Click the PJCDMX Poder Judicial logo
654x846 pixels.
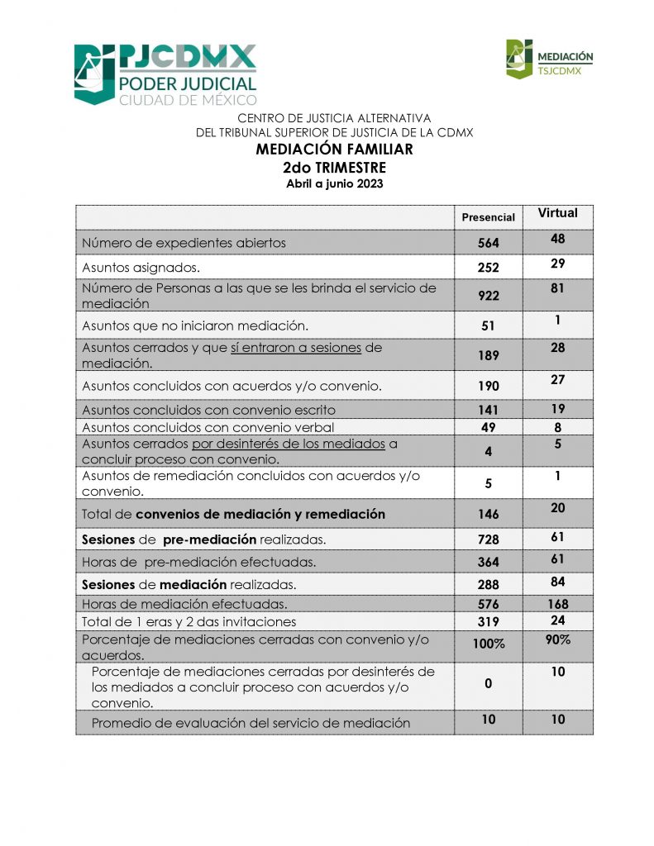pos(165,74)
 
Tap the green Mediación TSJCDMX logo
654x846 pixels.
pos(549,59)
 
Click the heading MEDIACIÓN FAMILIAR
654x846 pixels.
pos(334,150)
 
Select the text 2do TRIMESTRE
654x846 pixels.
pos(334,167)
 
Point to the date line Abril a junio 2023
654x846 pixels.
pos(334,183)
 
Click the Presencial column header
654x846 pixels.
pos(488,217)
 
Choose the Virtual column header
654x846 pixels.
pos(557,213)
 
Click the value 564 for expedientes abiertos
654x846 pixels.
pos(488,243)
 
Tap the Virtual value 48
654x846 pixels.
pos(557,240)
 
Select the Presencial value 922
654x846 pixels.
pos(488,296)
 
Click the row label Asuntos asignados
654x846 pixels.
pos(141,267)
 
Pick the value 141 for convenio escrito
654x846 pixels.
pos(488,410)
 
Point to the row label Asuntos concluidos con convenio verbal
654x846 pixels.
pos(208,427)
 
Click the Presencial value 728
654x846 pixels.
pos(488,539)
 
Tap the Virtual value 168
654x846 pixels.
pos(557,604)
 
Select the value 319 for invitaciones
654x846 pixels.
pos(488,621)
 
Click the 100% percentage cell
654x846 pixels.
pos(488,644)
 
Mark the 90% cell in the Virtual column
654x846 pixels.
pos(557,639)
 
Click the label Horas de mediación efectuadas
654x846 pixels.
pos(184,604)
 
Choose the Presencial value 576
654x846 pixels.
pos(488,604)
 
